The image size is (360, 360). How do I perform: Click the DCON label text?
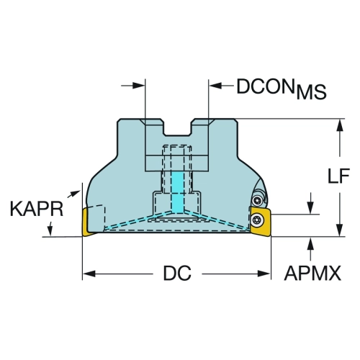[x=266, y=86]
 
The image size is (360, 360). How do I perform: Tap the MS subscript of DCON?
[x=312, y=92]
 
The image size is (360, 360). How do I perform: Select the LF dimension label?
[x=339, y=176]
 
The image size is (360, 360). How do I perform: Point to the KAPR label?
[x=37, y=209]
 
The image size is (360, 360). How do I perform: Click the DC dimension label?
[x=177, y=273]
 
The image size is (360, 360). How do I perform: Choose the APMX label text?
[x=312, y=273]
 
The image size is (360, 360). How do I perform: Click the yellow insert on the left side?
[x=88, y=222]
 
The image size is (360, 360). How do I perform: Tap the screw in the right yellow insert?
[x=257, y=219]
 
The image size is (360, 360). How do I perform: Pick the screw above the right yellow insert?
[x=258, y=200]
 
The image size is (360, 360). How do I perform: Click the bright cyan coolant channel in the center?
[x=177, y=192]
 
